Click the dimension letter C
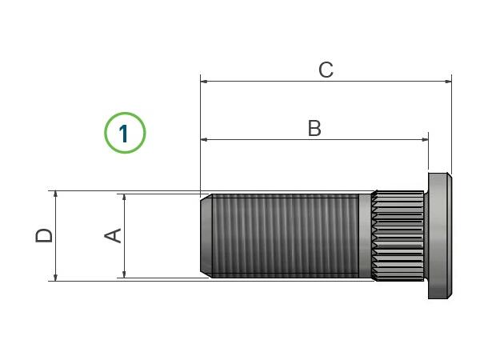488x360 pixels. click(326, 70)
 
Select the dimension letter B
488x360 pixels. click(314, 128)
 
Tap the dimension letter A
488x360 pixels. click(113, 235)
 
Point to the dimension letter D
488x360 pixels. click(44, 235)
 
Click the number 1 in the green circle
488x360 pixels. click(124, 134)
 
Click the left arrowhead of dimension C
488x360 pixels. click(204, 82)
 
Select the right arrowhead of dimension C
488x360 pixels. click(448, 82)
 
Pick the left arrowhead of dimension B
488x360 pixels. click(204, 140)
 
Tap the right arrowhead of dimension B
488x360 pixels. click(425, 140)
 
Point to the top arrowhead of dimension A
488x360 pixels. click(124, 198)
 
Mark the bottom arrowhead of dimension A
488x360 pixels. click(124, 274)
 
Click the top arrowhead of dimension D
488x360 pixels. click(56, 194)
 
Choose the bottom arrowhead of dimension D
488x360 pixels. click(56, 278)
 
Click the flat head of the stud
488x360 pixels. click(440, 236)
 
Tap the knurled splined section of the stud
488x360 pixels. click(398, 236)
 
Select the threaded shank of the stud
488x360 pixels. click(286, 236)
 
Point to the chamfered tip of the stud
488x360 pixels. click(206, 236)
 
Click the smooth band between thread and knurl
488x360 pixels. click(365, 236)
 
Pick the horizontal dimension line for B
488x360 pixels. click(314, 140)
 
